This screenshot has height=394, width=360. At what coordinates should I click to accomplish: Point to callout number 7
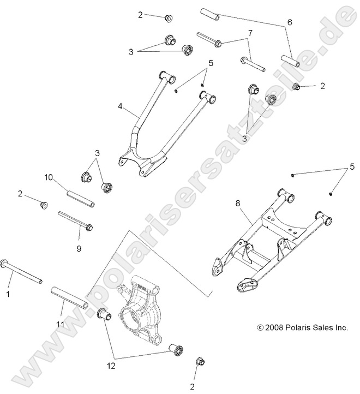pyautogui.click(x=250, y=33)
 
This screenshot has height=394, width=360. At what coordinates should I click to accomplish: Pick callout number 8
pyautogui.click(x=237, y=204)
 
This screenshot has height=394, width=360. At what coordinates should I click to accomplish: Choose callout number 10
pyautogui.click(x=47, y=177)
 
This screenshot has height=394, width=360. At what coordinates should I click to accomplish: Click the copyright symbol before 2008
pyautogui.click(x=260, y=328)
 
